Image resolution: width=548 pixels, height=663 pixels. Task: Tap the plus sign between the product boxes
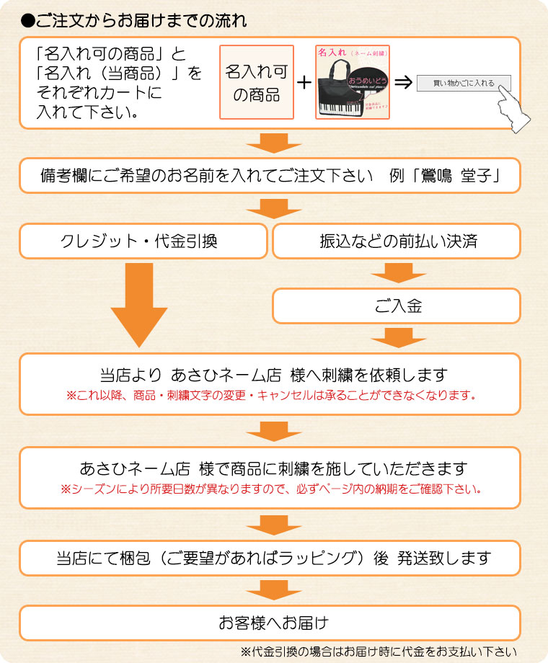tap(304, 82)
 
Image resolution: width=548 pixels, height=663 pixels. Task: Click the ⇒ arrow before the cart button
tap(403, 82)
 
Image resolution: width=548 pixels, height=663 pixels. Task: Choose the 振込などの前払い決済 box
tap(396, 241)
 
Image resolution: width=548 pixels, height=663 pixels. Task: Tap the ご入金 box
tap(396, 306)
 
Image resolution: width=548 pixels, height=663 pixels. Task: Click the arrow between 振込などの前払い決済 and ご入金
tap(396, 273)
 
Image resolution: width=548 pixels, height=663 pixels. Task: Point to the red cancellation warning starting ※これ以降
tap(270, 396)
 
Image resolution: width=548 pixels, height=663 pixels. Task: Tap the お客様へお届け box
tap(270, 622)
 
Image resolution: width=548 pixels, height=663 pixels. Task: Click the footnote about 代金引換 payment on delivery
tap(379, 651)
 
